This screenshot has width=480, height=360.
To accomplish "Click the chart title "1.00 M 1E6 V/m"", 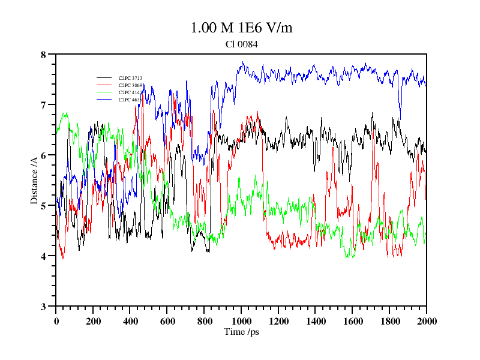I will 241,28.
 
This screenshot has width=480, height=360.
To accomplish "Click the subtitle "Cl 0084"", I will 241,44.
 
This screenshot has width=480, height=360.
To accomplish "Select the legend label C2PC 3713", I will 130,78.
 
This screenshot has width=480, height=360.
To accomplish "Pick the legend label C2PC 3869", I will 130,85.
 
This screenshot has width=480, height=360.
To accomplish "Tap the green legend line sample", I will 104,92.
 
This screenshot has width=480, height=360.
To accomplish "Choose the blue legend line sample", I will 104,100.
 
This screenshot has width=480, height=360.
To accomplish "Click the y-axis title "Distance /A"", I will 34,179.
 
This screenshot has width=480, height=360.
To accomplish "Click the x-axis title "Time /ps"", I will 241,331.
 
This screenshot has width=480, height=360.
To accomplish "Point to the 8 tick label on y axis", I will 43,55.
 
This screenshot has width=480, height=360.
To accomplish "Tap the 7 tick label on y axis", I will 43,105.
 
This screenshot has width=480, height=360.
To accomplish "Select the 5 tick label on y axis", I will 43,206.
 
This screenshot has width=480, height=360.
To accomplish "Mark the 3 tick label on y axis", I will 43,307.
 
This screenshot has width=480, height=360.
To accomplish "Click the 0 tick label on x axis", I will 56,321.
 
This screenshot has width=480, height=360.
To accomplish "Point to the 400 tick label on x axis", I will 130,321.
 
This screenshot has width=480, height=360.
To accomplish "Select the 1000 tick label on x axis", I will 241,321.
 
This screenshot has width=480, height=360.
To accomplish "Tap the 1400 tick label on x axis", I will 316,321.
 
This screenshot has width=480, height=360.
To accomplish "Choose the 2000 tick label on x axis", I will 427,321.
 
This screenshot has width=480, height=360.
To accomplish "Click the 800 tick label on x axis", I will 204,321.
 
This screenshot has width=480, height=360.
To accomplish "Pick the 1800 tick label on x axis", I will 389,321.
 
